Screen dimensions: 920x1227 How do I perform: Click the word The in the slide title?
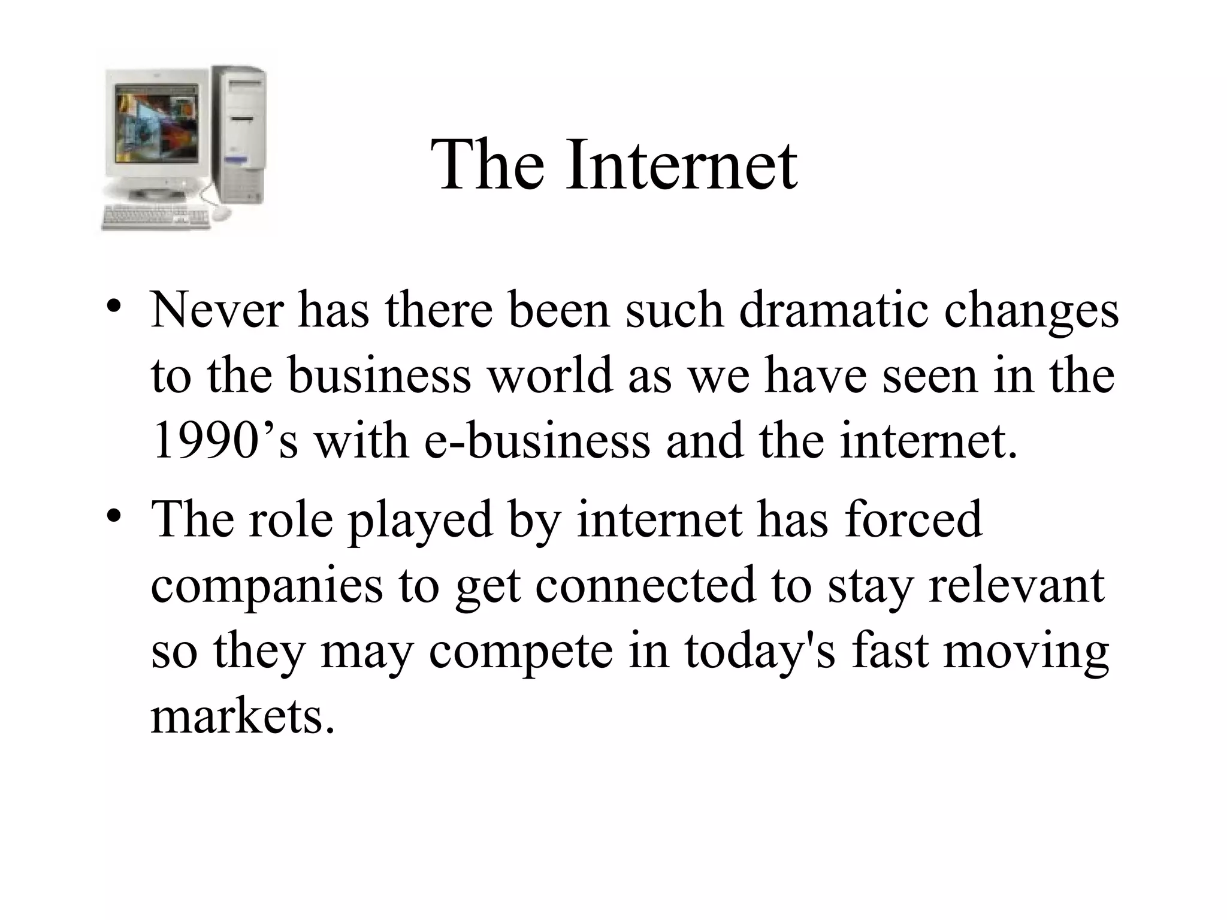point(488,164)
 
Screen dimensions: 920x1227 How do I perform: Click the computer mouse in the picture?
point(221,213)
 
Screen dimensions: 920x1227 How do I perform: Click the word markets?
point(243,716)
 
